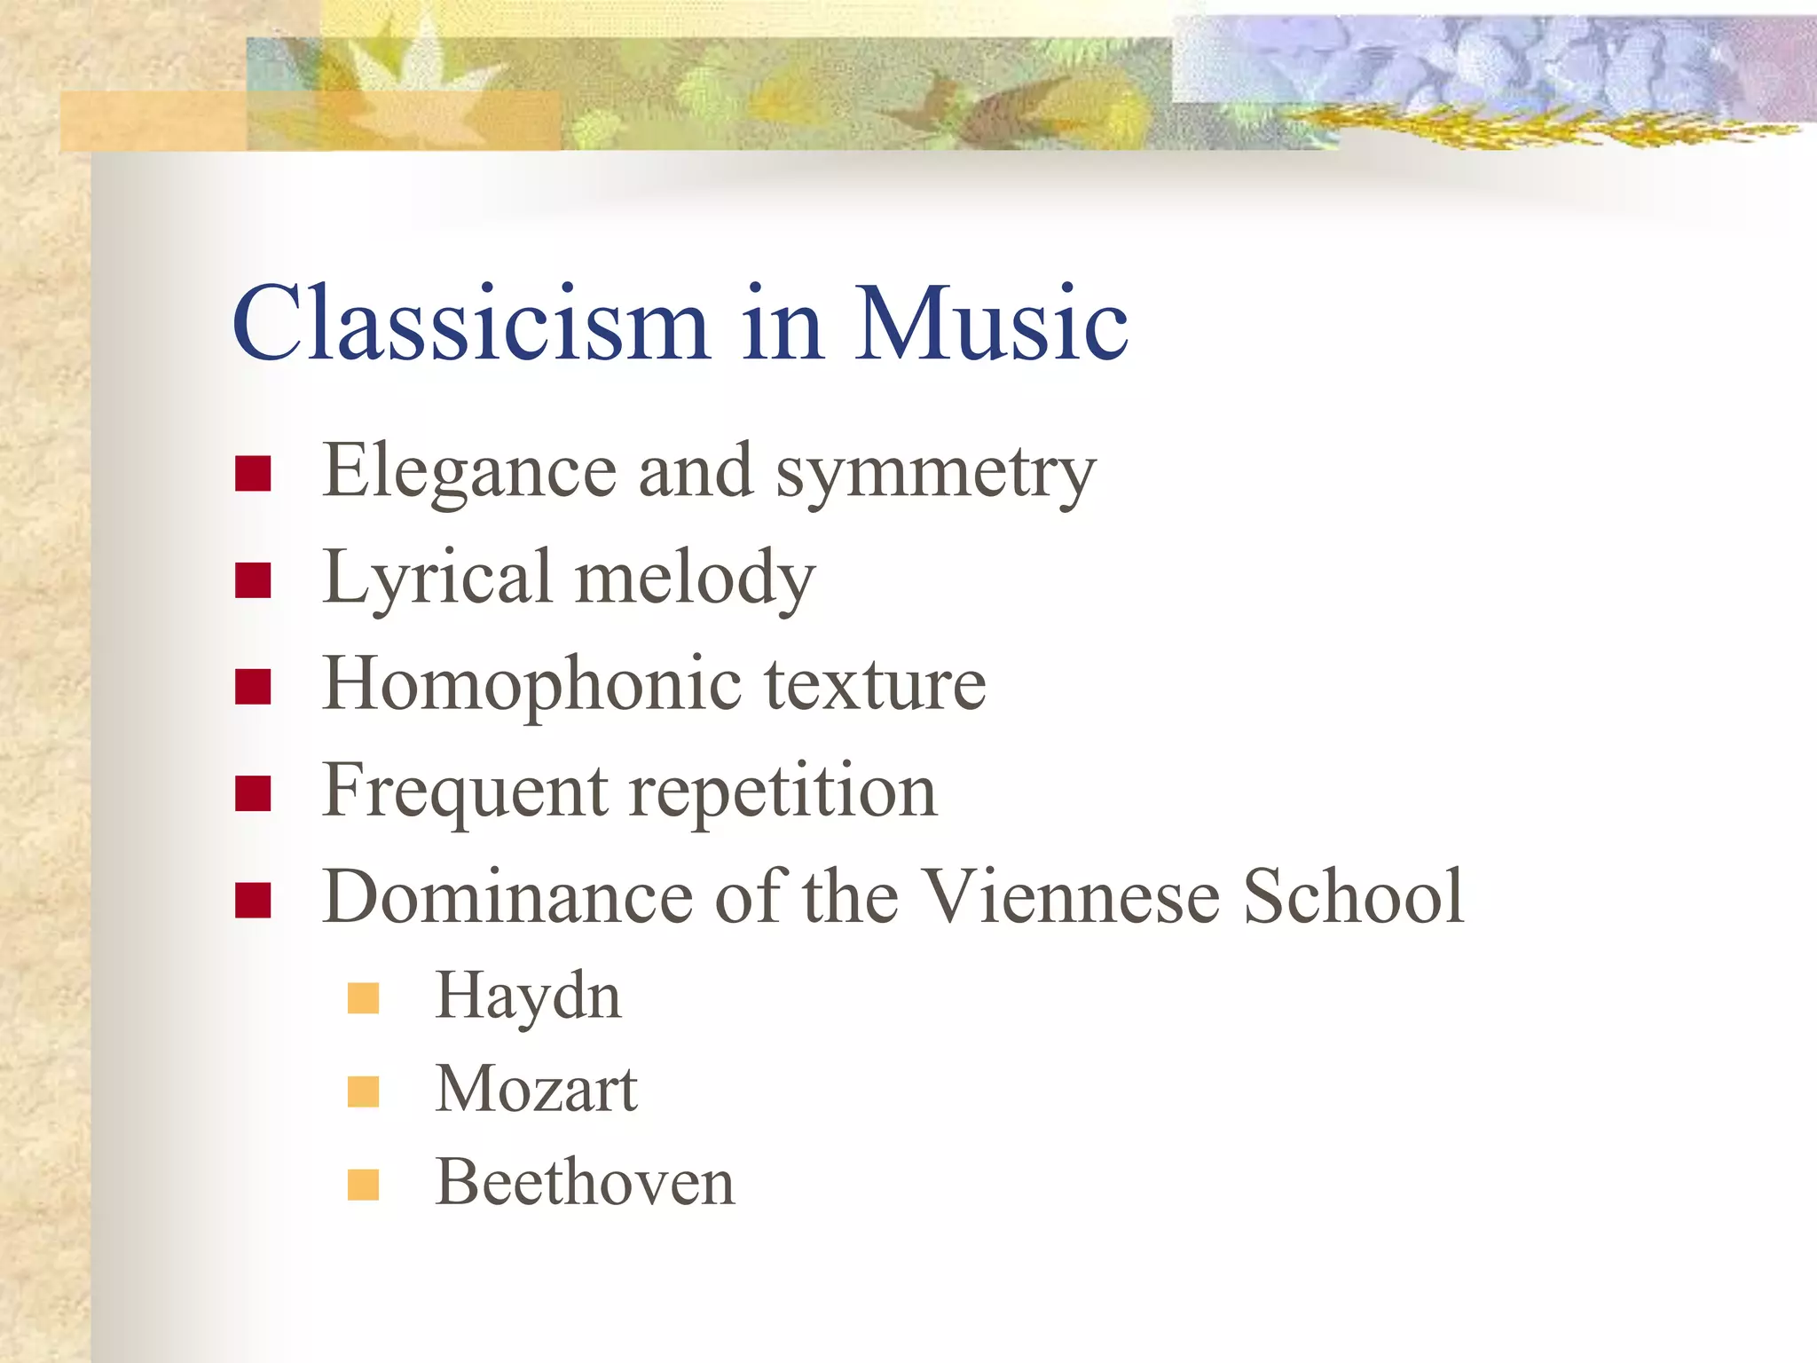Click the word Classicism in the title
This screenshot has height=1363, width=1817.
pos(470,323)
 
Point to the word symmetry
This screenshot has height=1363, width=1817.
pos(936,475)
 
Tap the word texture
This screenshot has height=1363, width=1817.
pos(875,685)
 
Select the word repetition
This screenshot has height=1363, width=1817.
pos(783,792)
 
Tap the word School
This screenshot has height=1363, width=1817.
pos(1353,896)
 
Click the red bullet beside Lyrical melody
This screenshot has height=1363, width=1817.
pos(253,580)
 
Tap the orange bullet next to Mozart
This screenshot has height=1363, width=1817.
pos(364,1091)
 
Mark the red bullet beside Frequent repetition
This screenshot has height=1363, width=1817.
pos(253,793)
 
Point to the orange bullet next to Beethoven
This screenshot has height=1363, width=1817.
pos(364,1185)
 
